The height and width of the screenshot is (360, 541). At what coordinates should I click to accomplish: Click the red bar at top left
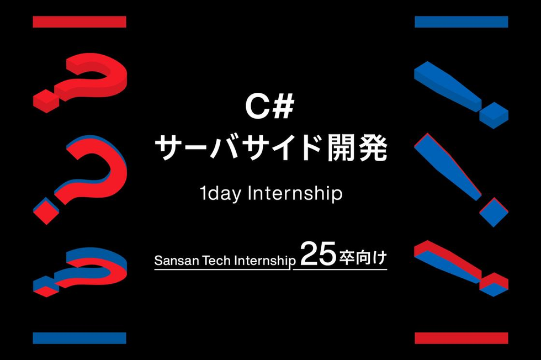coord(79,22)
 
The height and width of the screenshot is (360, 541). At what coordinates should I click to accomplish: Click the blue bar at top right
coord(462,22)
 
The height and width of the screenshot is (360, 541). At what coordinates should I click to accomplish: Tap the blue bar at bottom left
coord(79,338)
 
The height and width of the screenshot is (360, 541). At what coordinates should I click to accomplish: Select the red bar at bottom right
coord(462,338)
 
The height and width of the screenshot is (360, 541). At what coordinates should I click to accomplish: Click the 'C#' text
coord(270,107)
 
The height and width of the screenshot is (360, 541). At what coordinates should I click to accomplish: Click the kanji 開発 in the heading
coord(357,148)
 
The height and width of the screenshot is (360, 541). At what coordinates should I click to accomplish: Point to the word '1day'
coord(220,194)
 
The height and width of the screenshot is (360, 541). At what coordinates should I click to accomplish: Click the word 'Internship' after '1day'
coord(295,194)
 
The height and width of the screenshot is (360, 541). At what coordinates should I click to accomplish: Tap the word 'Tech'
coord(216,260)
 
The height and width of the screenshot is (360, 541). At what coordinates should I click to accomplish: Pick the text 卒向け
coord(363,258)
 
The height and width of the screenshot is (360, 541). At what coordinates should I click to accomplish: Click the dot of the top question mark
coord(46,101)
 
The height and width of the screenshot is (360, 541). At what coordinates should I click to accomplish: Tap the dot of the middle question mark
coord(46,210)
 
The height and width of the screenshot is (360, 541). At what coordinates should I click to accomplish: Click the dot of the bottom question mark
coord(46,286)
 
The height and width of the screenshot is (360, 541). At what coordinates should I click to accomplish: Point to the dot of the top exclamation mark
coord(494,115)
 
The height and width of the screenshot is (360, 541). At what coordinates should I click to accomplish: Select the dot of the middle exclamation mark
coord(494,212)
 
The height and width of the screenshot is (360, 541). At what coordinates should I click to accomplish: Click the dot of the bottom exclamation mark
coord(494,284)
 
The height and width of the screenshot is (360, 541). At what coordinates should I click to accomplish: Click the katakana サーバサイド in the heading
coord(238,148)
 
